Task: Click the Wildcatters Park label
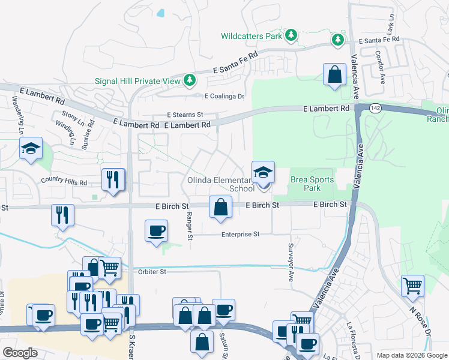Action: pos(251,36)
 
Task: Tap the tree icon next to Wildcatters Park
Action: pos(291,35)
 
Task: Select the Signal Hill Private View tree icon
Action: pos(190,80)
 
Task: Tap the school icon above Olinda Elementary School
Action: pos(263,173)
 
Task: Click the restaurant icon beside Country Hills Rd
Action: pos(113,179)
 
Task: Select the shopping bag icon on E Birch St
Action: pos(221,207)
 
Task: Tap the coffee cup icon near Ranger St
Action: pos(157,231)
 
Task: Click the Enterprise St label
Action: pos(240,234)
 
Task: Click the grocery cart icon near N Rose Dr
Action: pos(412,286)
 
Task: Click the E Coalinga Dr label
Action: pos(225,96)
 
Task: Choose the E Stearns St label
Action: pos(185,115)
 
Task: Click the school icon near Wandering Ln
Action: pos(30,149)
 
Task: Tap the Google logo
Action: pos(20,353)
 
